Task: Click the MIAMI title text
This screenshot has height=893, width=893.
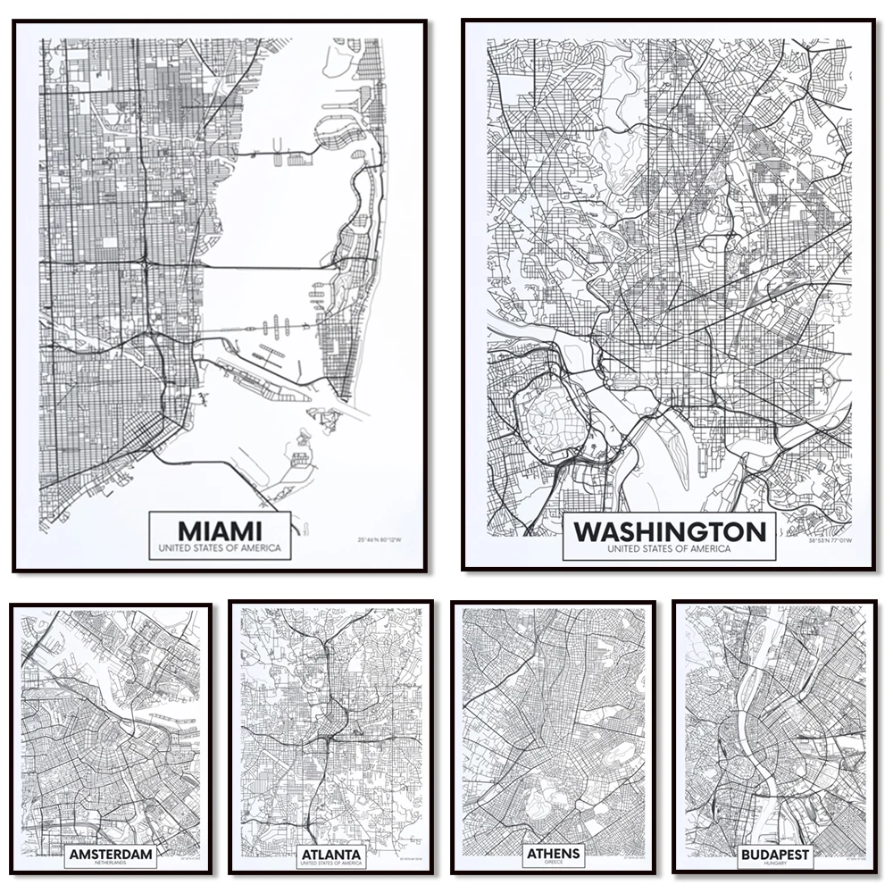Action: (220, 528)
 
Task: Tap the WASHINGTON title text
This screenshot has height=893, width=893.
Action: (669, 532)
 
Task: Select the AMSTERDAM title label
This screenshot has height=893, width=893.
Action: (111, 855)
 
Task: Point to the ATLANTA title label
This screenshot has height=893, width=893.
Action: (330, 855)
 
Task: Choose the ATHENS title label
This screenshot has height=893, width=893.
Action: (554, 853)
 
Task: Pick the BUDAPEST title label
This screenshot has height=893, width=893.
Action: (774, 855)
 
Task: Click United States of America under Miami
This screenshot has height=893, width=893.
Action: (220, 547)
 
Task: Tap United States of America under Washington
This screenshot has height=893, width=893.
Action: (669, 549)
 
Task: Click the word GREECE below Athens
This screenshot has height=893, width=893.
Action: (554, 864)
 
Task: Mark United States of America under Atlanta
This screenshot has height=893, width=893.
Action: (330, 864)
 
